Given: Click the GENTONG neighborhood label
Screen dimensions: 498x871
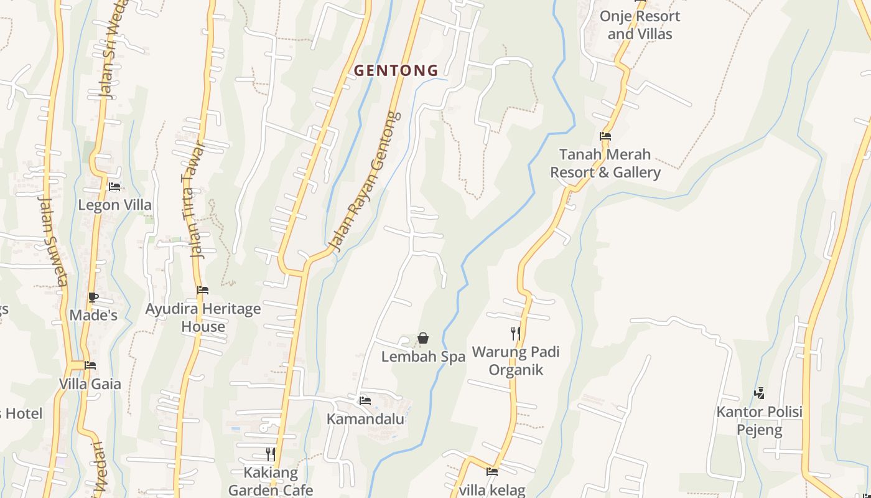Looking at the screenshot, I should (x=396, y=70).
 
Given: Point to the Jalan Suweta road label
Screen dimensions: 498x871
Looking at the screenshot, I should (x=52, y=241).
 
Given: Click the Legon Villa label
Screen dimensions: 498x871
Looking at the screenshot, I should (x=114, y=205).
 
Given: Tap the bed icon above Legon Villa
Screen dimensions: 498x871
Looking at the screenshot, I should (x=114, y=186).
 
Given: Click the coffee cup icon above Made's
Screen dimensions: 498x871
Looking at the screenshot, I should (x=93, y=298).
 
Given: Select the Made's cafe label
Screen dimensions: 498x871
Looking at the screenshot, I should (x=93, y=316).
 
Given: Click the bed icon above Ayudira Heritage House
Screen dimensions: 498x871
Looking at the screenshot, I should (x=203, y=290).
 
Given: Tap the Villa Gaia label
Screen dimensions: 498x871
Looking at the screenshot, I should (x=90, y=383).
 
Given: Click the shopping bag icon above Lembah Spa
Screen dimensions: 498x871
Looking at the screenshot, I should (x=423, y=338).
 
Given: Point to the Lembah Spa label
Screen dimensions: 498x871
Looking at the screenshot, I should (x=423, y=357).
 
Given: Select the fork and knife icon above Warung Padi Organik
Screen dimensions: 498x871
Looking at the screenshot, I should (x=516, y=333).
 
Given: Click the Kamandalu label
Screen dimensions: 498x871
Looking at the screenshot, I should (x=365, y=419).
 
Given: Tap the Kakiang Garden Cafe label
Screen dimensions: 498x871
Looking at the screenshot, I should (x=270, y=481).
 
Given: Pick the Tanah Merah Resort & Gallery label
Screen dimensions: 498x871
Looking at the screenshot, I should (x=605, y=163).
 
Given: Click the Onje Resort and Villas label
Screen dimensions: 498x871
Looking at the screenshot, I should (x=640, y=25).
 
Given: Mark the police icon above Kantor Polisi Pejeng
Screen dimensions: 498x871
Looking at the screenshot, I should (x=759, y=393).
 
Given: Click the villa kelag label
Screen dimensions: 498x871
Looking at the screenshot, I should (x=492, y=490).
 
